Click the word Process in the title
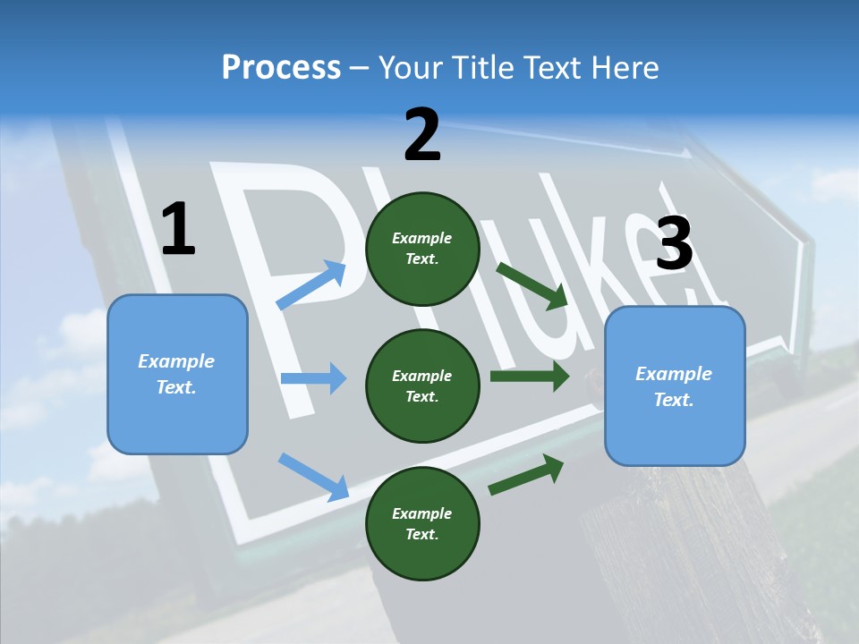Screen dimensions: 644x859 pos(281,68)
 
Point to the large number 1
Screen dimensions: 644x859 pos(178,230)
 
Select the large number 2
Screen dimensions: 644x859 pos(422,135)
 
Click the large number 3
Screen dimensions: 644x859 pos(675,244)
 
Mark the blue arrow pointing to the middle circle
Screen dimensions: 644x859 pos(313,378)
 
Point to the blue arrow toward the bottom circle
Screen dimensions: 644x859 pos(313,476)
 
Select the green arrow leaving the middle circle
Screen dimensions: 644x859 pos(530,376)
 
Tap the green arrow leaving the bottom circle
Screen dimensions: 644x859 pos(526,474)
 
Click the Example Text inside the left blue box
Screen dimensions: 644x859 pos(176,374)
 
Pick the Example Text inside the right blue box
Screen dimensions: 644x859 pos(674,386)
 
